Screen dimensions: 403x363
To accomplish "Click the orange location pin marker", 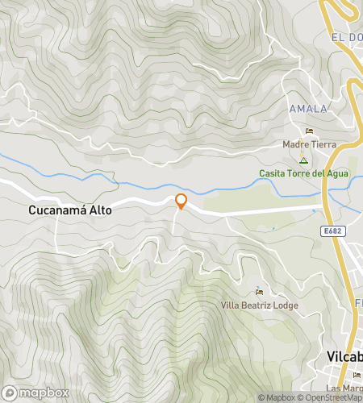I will [x=181, y=201].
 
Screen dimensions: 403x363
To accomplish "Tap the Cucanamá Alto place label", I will [x=70, y=210].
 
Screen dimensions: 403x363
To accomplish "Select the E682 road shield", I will [x=328, y=231].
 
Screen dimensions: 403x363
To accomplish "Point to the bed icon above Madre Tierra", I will [x=309, y=131].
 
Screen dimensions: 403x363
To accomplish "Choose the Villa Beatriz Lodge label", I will [x=260, y=305].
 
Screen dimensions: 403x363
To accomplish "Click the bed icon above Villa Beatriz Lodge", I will [x=259, y=291].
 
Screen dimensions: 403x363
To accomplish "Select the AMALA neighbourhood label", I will [x=308, y=109].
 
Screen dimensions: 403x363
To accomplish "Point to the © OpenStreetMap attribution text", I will [x=329, y=397].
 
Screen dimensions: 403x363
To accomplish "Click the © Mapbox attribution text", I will [x=277, y=397].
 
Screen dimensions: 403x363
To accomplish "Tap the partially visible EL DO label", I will [x=346, y=38].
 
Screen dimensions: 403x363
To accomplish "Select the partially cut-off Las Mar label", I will [x=348, y=387].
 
